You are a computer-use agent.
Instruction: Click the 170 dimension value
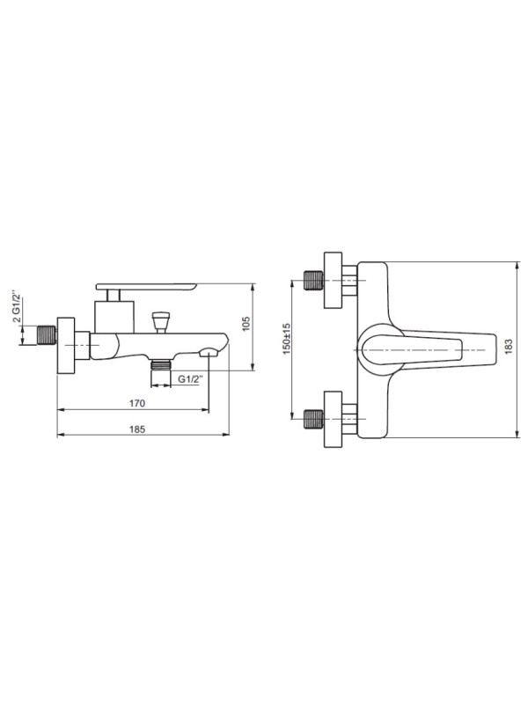point(136,403)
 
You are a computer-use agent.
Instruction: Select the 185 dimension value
point(136,429)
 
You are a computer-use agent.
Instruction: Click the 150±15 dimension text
point(288,348)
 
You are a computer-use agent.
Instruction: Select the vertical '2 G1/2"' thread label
point(15,307)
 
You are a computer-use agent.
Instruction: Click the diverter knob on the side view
point(160,320)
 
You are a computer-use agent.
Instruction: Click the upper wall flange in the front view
point(333,281)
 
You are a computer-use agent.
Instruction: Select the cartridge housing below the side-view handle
point(113,314)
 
